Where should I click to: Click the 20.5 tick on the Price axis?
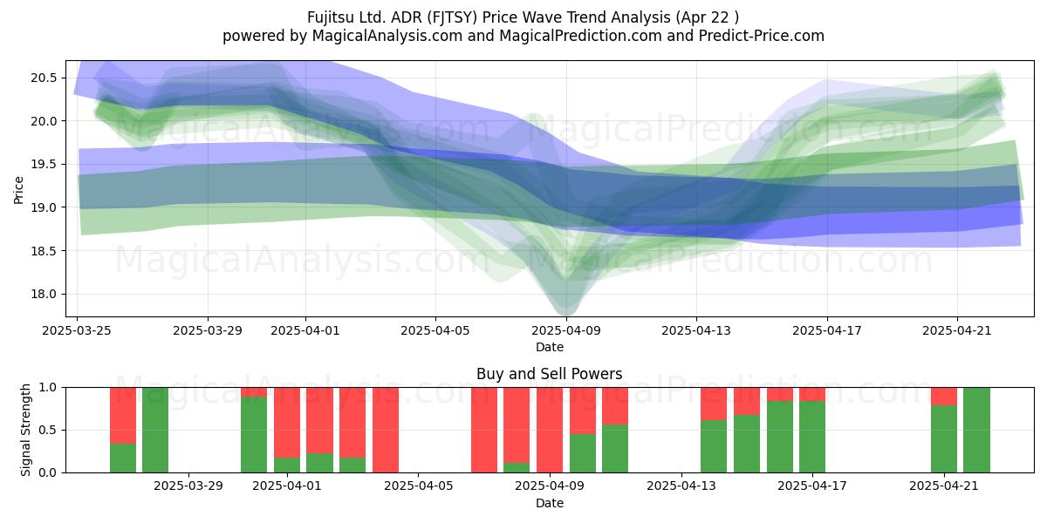point(44,78)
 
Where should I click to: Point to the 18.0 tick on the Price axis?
point(44,295)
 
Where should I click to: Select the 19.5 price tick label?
point(44,165)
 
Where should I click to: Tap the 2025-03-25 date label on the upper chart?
point(77,330)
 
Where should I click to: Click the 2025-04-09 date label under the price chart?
point(566,330)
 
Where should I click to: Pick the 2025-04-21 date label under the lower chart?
point(944,486)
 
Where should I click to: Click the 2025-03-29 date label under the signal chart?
point(188,486)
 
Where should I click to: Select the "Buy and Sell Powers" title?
point(549,374)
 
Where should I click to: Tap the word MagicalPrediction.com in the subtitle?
point(580,36)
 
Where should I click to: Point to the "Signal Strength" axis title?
point(25,430)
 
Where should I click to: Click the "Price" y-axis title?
point(18,190)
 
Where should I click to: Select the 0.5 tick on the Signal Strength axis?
point(47,430)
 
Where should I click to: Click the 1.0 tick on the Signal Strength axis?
point(47,388)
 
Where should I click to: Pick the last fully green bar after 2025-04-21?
point(976,430)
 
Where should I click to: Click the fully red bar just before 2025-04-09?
point(550,430)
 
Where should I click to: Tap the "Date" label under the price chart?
point(549,348)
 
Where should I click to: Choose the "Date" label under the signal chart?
point(549,504)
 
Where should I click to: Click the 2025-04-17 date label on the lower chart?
point(812,486)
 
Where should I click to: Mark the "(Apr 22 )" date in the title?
point(708,17)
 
